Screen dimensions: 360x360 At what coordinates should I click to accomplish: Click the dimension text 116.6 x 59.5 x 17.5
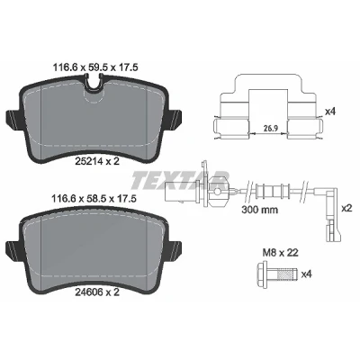pos(95,67)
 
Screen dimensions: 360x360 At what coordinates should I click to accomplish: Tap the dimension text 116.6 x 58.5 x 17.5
pos(94,198)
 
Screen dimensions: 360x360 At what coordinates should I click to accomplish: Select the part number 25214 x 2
pos(96,161)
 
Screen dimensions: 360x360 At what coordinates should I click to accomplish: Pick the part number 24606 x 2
pos(96,292)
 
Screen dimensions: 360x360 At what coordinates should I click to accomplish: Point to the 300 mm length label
pos(260,210)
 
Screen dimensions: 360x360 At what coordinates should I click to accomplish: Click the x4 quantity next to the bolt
pos(306,274)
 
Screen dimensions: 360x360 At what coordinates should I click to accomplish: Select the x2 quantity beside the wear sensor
pos(346,208)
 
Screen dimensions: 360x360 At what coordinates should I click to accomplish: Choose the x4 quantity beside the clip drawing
pos(330,112)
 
